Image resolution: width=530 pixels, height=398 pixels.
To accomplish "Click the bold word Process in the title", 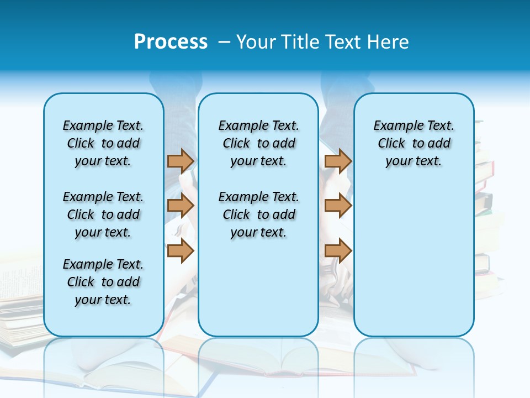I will [171, 41].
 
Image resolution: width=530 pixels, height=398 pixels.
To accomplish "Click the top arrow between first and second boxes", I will [181, 161].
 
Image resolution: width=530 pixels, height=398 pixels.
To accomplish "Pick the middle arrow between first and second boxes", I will [181, 206].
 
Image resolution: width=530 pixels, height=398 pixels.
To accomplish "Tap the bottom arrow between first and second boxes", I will [181, 251].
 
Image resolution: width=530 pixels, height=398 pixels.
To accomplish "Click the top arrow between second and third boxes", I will [338, 161].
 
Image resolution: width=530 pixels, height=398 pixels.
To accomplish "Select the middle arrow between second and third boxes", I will [338, 206].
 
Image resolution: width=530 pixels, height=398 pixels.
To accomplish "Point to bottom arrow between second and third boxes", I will [338, 251].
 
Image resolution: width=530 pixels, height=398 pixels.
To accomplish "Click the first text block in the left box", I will [103, 143].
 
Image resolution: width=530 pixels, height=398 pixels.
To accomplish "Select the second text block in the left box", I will [103, 214].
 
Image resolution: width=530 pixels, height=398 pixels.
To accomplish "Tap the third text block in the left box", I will [103, 282].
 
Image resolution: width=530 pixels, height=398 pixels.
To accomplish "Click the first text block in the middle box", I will [258, 143].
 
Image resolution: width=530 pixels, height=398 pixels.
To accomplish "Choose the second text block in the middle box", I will [258, 214].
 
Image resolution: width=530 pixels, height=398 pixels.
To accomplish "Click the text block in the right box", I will [414, 143].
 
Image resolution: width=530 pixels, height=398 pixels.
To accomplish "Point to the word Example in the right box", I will [394, 125].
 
